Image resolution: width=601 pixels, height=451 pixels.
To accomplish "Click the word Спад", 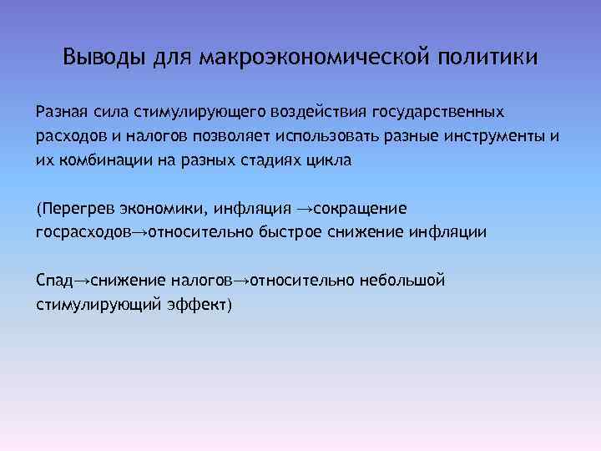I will pyautogui.click(x=55, y=279).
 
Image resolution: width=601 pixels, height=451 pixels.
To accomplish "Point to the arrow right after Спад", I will pyautogui.click(x=80, y=279).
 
